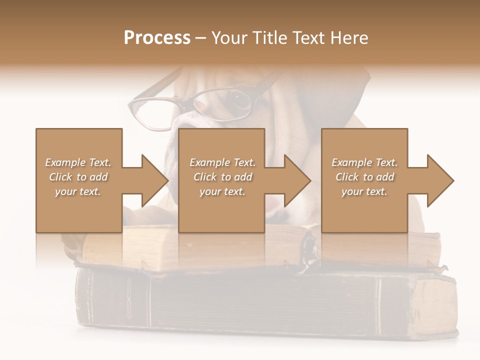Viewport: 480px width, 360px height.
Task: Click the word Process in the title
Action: click(157, 38)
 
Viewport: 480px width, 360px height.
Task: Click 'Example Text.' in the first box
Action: click(78, 162)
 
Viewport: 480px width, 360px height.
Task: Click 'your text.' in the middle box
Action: click(222, 191)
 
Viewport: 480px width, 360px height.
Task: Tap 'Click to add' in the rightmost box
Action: click(364, 177)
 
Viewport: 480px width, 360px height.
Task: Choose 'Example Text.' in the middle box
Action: click(222, 162)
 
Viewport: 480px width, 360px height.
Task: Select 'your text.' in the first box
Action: click(78, 191)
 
